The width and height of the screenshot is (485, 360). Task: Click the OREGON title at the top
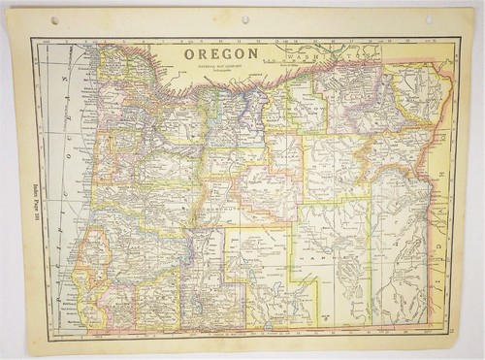(222, 54)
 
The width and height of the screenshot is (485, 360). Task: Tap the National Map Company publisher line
(222, 69)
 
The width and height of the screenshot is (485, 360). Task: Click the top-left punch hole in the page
(55, 20)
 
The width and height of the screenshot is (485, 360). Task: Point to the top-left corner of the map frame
(33, 38)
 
